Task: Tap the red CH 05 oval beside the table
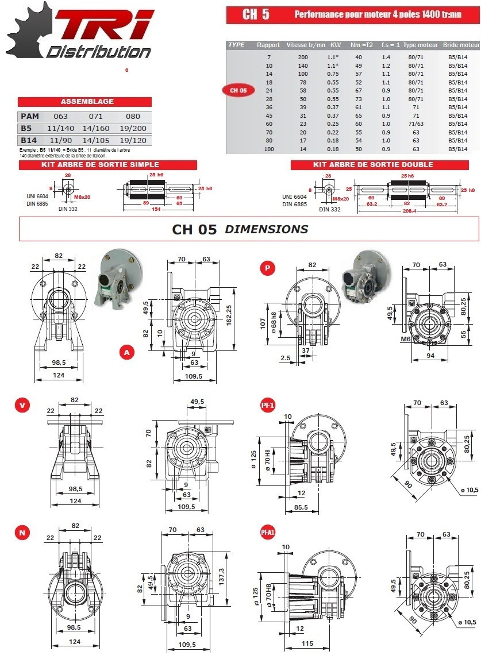point(238,90)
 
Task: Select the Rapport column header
point(268,45)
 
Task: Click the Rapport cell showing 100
point(268,149)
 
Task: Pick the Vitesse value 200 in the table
point(303,57)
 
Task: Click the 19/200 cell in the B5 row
point(132,129)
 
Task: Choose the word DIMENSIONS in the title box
point(266,229)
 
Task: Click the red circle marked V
point(22,405)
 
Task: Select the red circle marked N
point(22,533)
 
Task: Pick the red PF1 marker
point(268,406)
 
